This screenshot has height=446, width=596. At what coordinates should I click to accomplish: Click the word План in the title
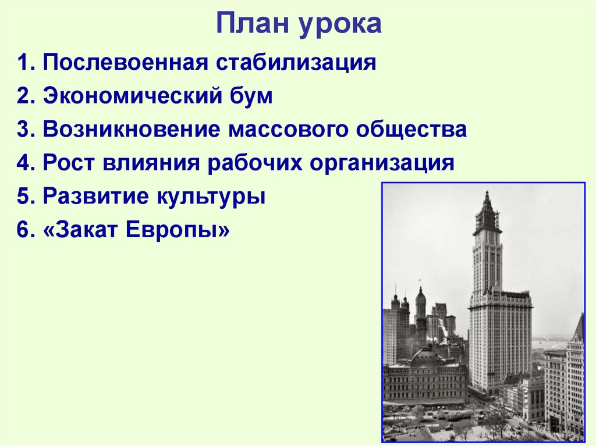[254, 24]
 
